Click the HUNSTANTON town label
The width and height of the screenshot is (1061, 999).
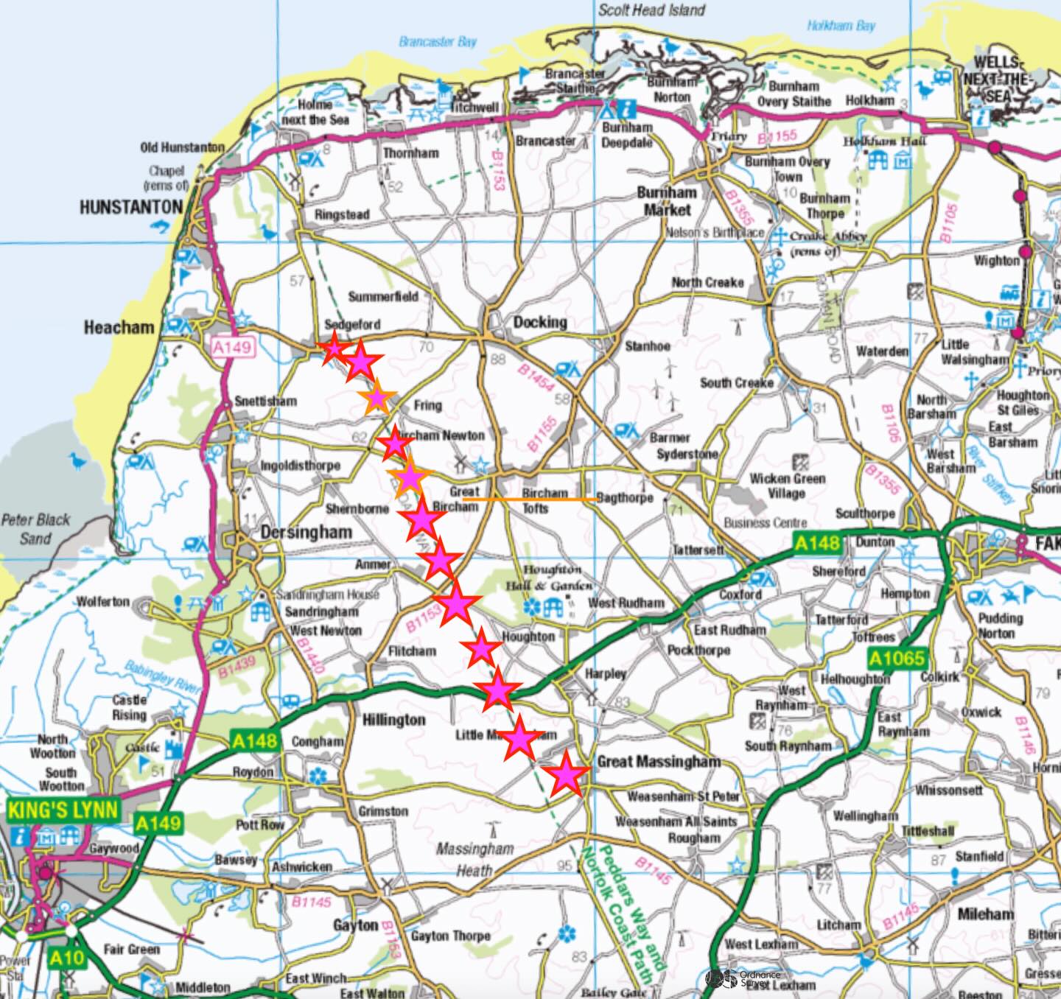point(130,207)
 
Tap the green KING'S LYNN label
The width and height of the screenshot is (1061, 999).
point(63,810)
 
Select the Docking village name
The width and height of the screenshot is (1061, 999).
point(540,322)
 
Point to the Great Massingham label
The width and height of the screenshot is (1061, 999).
point(659,762)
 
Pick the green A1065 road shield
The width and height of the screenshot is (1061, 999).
point(896,658)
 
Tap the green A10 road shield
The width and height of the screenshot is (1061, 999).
point(67,958)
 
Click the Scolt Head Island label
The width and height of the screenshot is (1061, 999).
point(651,10)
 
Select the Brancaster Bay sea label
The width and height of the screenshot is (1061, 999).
point(438,41)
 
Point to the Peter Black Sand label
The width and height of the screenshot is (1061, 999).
point(35,528)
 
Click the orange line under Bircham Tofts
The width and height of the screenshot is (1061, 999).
point(530,499)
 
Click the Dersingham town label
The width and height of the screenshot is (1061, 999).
point(306,532)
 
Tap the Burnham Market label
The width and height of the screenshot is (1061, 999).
point(667,200)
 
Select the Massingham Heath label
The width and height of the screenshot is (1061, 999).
point(475,859)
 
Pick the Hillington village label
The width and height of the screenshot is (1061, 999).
point(393,719)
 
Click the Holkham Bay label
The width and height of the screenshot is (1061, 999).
point(841,25)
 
